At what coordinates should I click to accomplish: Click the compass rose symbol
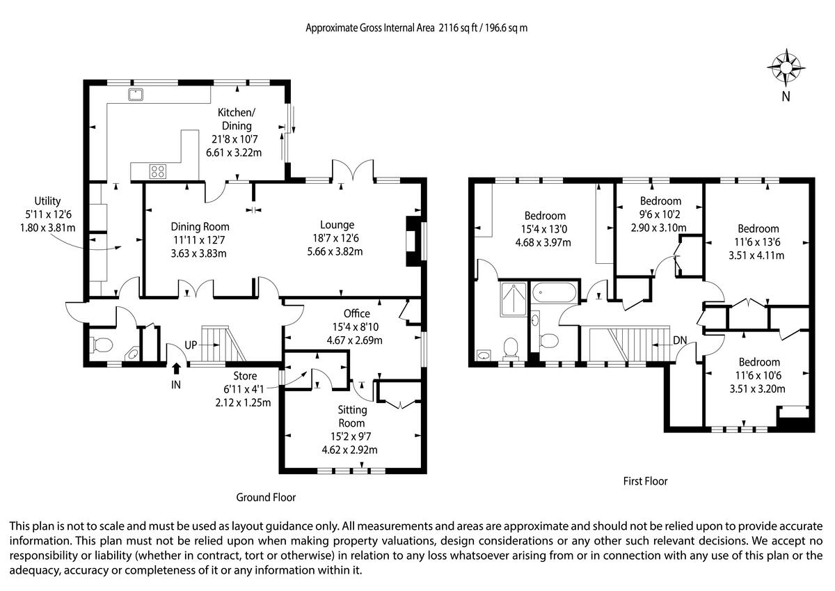click(x=786, y=68)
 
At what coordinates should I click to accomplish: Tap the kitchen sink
click(x=136, y=95)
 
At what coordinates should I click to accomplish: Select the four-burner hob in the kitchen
click(x=158, y=171)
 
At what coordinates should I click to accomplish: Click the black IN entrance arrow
click(x=176, y=368)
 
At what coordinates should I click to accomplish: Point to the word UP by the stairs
click(x=191, y=345)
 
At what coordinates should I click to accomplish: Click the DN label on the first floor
click(x=680, y=340)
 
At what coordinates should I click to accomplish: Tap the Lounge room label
click(x=337, y=225)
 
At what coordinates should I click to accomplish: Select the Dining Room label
click(x=200, y=227)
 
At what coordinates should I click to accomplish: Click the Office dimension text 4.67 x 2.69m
click(x=354, y=340)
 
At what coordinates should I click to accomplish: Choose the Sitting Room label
click(x=352, y=416)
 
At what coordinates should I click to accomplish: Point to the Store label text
click(x=245, y=376)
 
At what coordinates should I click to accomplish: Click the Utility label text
click(x=47, y=201)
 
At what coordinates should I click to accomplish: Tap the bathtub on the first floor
click(x=554, y=292)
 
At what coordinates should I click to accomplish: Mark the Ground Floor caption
click(x=266, y=498)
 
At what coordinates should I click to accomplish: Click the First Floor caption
click(x=645, y=482)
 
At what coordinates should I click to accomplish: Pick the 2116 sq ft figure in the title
click(x=458, y=28)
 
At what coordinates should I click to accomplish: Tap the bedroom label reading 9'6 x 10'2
click(x=659, y=214)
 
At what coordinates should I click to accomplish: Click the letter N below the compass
click(x=786, y=97)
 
